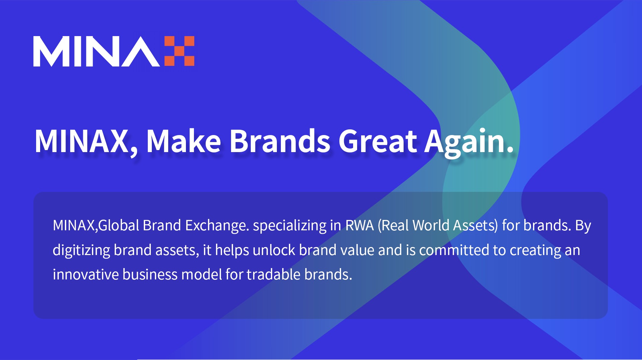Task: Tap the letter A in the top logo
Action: click(x=141, y=51)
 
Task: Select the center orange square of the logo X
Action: click(x=180, y=51)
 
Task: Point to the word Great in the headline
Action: click(x=378, y=141)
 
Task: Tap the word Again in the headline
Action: click(x=469, y=142)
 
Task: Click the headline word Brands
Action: click(x=280, y=141)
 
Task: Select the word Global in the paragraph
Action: click(x=119, y=225)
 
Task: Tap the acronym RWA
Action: click(x=359, y=225)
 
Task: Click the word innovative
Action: click(x=86, y=274)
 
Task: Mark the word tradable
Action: click(x=274, y=274)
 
